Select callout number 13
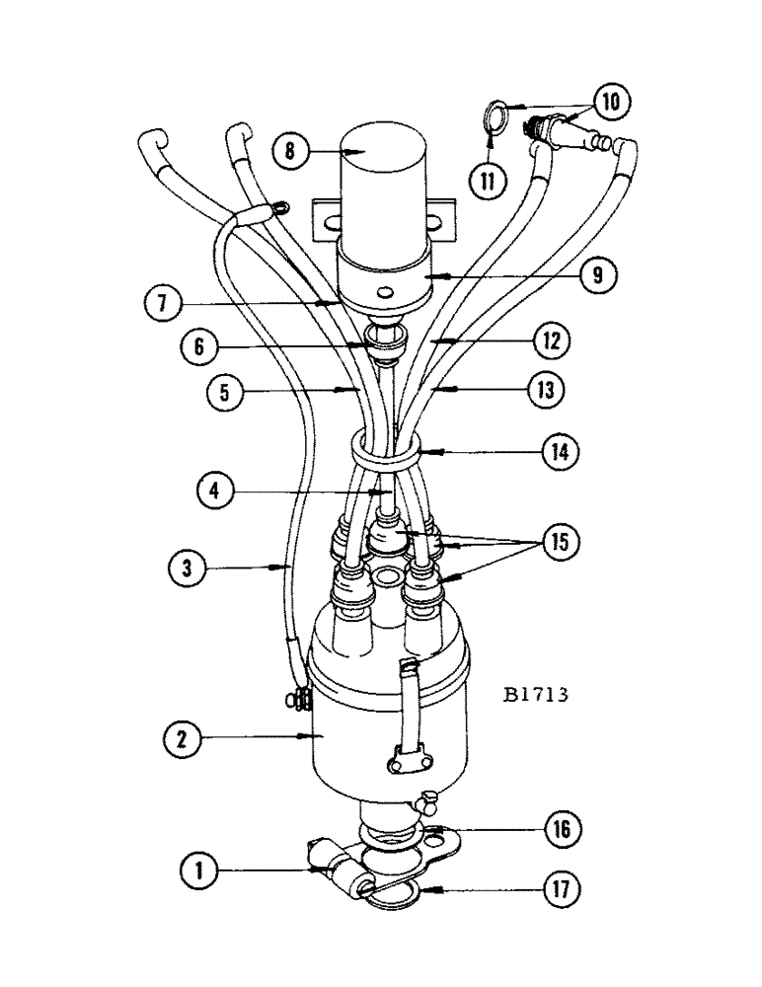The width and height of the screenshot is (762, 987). [x=548, y=391]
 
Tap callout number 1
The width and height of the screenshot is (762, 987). [x=199, y=871]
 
